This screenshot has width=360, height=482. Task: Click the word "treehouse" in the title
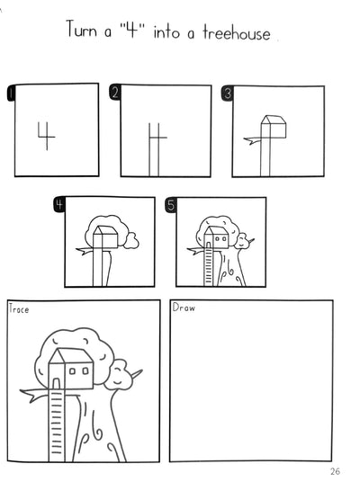[x=237, y=32]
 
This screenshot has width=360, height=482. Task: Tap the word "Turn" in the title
[x=81, y=29]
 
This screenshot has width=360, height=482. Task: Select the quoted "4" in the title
[x=132, y=29]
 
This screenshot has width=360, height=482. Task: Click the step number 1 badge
[x=11, y=93]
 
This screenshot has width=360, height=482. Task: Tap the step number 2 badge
[x=114, y=93]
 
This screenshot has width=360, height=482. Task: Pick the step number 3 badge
[x=227, y=94]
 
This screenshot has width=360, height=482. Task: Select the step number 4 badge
[x=59, y=204]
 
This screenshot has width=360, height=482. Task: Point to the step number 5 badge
[x=171, y=205]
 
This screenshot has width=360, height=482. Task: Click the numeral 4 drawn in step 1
[x=46, y=136]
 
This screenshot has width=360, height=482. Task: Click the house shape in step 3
[x=274, y=127]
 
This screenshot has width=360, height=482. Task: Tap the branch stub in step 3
[x=252, y=140]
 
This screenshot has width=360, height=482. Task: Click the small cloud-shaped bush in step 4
[x=131, y=241]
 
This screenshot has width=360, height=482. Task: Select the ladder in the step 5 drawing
[x=208, y=267]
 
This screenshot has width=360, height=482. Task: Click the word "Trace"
[x=19, y=308]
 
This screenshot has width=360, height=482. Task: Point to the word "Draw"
[x=184, y=308]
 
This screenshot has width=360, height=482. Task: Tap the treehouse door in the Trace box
[x=56, y=384]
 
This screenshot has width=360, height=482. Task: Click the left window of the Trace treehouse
[x=72, y=371]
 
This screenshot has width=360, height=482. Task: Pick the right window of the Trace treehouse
[x=85, y=371]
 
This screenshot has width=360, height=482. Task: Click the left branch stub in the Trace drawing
[x=34, y=394]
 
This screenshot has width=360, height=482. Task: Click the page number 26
[x=335, y=471]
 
